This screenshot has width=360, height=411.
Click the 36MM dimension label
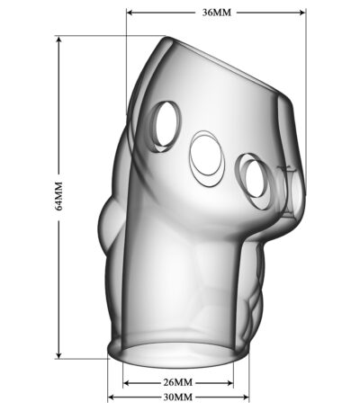[217, 13]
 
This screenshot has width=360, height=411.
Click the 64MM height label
[58, 196]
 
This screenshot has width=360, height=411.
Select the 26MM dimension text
[178, 382]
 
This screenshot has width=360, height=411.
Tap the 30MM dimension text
[178, 398]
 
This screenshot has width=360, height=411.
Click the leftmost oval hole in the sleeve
[166, 126]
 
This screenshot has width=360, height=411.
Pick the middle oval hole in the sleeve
[207, 157]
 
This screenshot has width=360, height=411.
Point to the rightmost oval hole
[255, 181]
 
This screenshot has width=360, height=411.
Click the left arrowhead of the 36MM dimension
[130, 13]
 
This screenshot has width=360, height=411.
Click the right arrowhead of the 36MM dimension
[301, 13]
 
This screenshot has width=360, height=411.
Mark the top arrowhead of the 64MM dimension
[58, 40]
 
